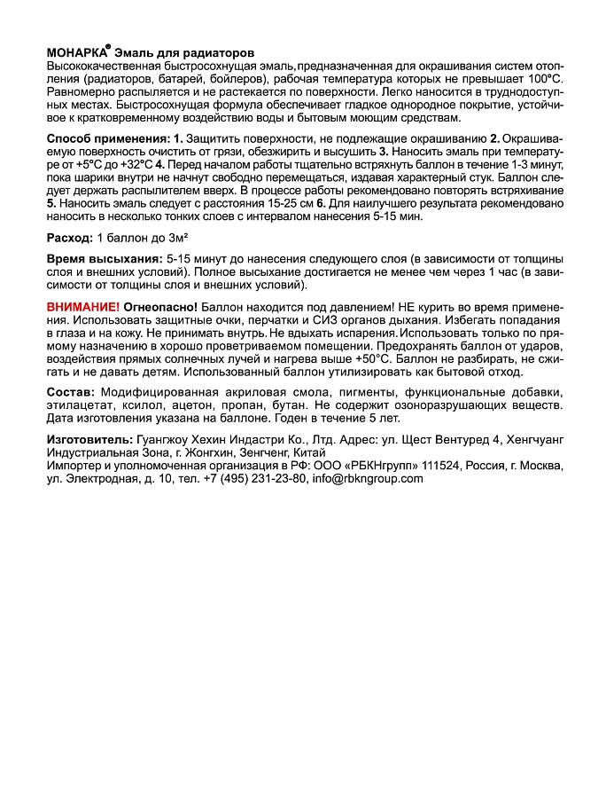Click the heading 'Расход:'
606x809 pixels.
68,239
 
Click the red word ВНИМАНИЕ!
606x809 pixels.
82,306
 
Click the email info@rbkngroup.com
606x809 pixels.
368,478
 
